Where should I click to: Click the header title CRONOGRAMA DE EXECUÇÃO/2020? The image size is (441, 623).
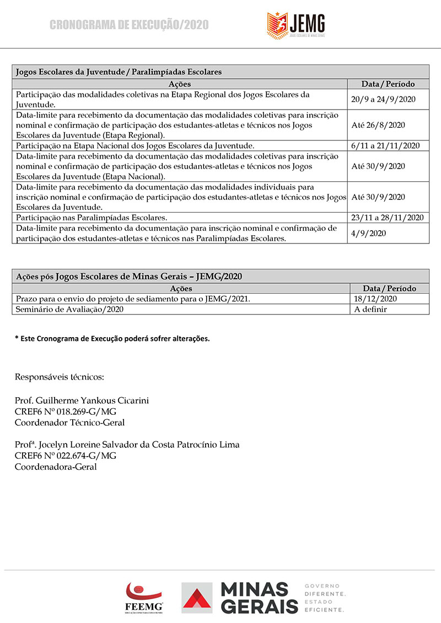click(x=129, y=25)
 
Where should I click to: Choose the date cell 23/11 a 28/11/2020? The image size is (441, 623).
click(x=387, y=218)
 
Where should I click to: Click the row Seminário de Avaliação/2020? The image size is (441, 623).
click(x=69, y=309)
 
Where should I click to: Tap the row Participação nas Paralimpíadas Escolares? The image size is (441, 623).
click(x=92, y=218)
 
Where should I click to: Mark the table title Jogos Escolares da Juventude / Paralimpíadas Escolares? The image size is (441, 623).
click(x=119, y=72)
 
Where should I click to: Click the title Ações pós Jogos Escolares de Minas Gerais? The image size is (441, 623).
click(x=129, y=276)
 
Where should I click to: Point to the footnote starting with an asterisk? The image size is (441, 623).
click(x=112, y=339)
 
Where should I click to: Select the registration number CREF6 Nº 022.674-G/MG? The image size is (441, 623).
click(x=66, y=456)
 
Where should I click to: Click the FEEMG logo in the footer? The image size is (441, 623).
click(x=144, y=597)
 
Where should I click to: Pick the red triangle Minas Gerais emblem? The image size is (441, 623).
click(x=197, y=599)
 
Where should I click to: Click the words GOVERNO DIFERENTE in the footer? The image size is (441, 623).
click(x=325, y=590)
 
